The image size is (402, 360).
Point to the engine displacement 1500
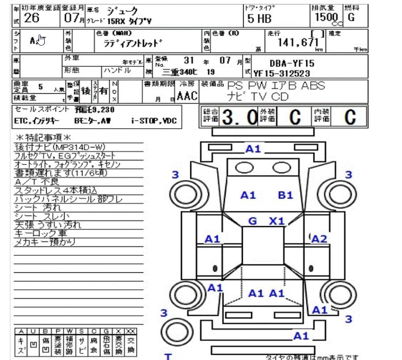click(322, 17)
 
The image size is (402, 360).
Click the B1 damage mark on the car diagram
click(285, 195)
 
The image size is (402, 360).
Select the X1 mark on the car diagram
click(277, 221)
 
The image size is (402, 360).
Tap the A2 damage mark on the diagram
click(319, 239)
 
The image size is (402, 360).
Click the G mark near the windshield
click(253, 221)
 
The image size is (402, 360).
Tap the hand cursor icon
click(41, 41)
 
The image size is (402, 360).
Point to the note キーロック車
click(41, 233)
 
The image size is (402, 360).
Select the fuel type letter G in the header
click(351, 17)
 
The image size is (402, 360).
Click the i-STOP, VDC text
click(154, 121)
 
